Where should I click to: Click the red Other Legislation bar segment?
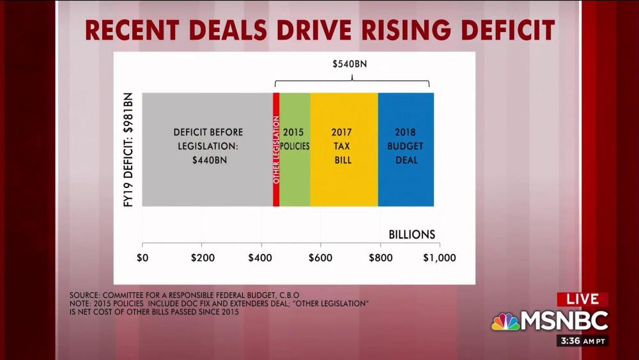[x=276, y=150]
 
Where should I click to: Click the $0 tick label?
[x=142, y=258]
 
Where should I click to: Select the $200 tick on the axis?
[x=201, y=258]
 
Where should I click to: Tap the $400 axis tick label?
[x=261, y=258]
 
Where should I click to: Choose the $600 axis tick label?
[x=320, y=258]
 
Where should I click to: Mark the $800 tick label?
[x=380, y=258]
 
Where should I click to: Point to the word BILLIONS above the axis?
[x=412, y=234]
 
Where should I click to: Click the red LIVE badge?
[x=582, y=299]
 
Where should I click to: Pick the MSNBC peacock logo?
[x=505, y=321]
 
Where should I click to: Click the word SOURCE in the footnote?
[x=86, y=295]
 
